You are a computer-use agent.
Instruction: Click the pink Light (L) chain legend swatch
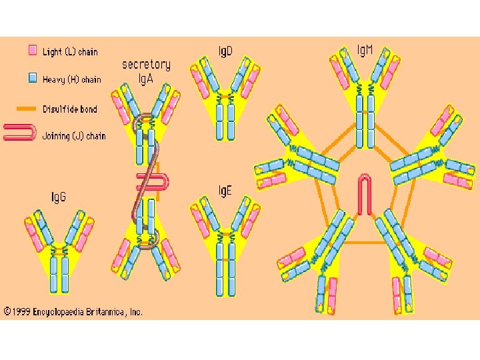click(x=32, y=51)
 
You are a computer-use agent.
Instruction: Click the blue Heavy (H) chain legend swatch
click(x=32, y=79)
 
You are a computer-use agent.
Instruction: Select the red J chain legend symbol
click(x=19, y=132)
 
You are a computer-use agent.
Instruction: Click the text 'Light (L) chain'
click(x=70, y=51)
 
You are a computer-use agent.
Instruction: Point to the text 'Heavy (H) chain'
click(x=72, y=79)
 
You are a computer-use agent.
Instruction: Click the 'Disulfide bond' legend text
click(x=69, y=108)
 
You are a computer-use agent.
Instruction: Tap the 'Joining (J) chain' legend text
click(x=73, y=136)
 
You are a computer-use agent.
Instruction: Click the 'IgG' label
click(x=59, y=197)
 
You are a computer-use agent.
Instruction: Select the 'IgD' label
click(x=226, y=51)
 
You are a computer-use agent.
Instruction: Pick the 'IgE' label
click(x=226, y=191)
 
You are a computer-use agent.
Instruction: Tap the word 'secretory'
click(x=146, y=65)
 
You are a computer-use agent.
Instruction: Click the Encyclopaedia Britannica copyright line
click(x=73, y=311)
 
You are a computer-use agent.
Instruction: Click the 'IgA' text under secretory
click(x=146, y=78)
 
